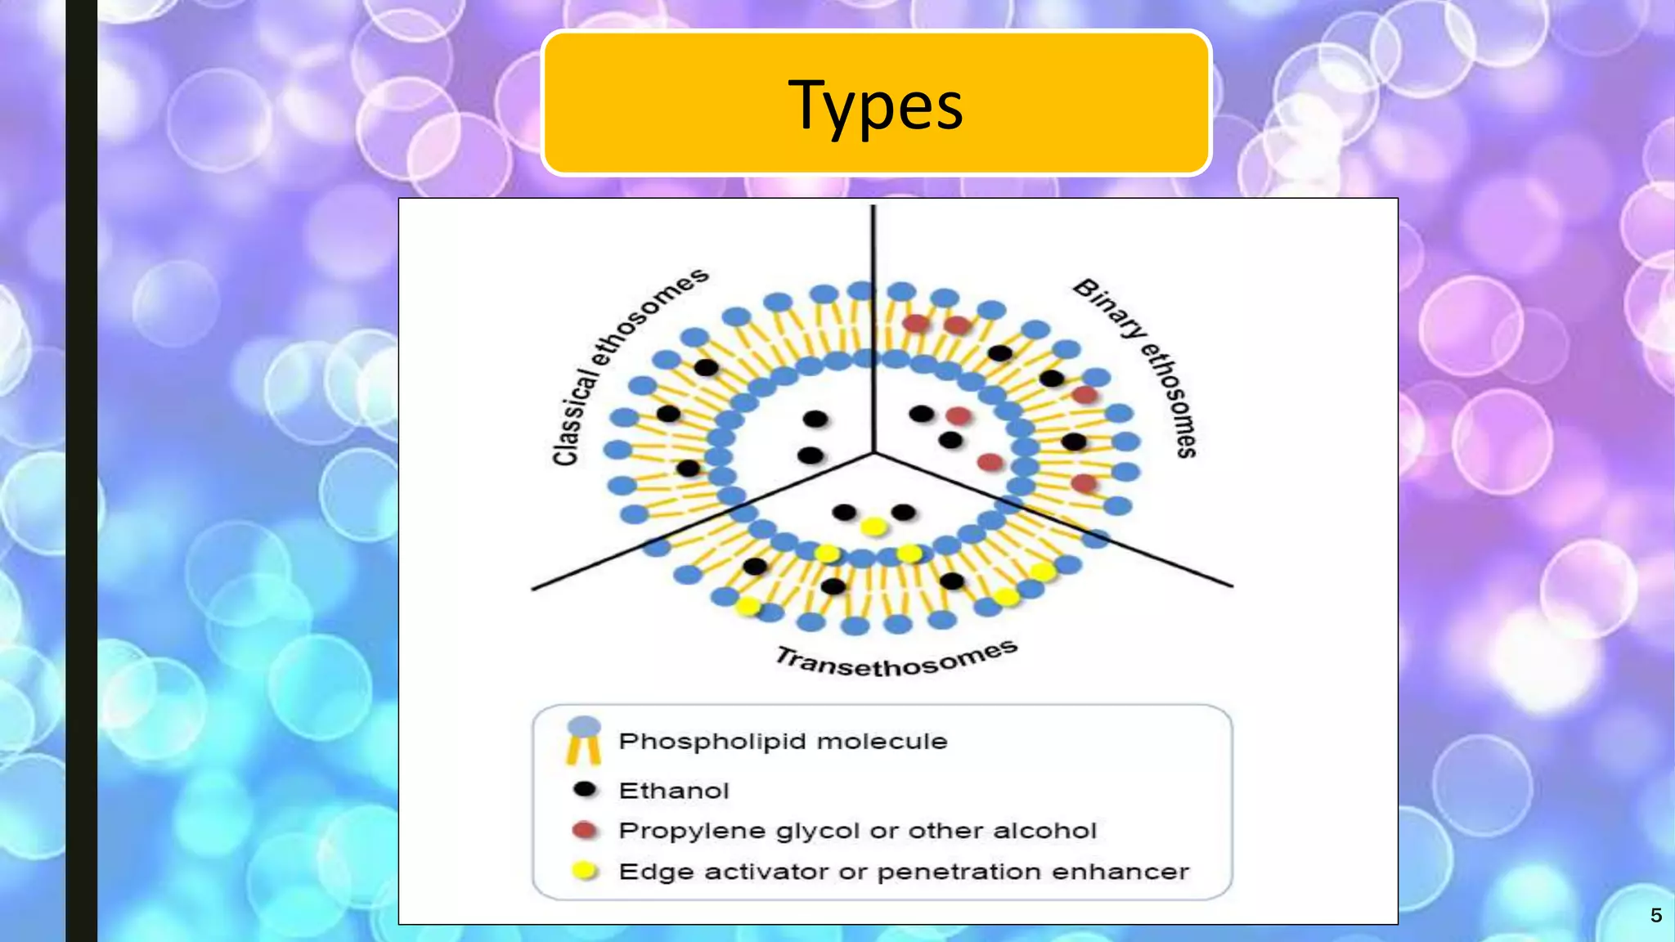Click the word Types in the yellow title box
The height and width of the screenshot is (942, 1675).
coord(875,105)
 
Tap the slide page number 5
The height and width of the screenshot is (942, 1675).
coord(1655,915)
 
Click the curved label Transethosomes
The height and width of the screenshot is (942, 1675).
coord(896,659)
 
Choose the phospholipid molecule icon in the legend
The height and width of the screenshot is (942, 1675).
coord(584,739)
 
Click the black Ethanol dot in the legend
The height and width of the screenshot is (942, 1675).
coord(585,789)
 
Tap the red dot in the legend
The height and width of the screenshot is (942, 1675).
coord(584,830)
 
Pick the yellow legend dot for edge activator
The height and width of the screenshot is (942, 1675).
coord(584,871)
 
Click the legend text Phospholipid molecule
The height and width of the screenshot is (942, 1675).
coord(783,742)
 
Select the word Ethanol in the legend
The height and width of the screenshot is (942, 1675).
coord(674,791)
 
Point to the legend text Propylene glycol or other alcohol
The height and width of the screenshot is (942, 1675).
coord(857,831)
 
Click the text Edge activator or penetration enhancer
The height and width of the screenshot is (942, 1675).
coord(904,872)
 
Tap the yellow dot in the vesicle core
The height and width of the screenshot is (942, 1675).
coord(873,527)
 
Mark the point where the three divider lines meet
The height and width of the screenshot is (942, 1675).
coord(873,451)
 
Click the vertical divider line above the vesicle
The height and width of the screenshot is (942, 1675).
coord(873,245)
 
